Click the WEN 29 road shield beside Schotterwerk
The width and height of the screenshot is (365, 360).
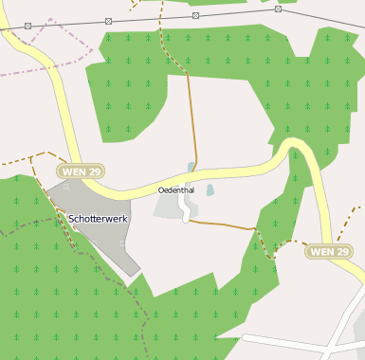coord(81,171)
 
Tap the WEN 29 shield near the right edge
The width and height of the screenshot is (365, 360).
coord(329,251)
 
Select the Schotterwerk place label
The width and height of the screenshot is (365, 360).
coord(99,219)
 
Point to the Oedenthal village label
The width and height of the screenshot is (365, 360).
coord(176,190)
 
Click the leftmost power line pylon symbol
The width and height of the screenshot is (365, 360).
coord(27,26)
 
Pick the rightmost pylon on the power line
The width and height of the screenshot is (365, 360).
coord(278,9)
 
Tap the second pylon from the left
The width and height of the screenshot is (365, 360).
coord(108,21)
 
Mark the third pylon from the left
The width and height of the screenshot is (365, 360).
coord(195,15)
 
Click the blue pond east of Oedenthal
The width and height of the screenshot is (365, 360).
coord(210,190)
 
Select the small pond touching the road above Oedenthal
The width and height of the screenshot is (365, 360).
coord(191,168)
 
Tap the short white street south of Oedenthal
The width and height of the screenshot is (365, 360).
coord(185,210)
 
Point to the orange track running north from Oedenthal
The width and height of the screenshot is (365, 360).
coord(192,114)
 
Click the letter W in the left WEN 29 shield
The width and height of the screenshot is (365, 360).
coord(67,171)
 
